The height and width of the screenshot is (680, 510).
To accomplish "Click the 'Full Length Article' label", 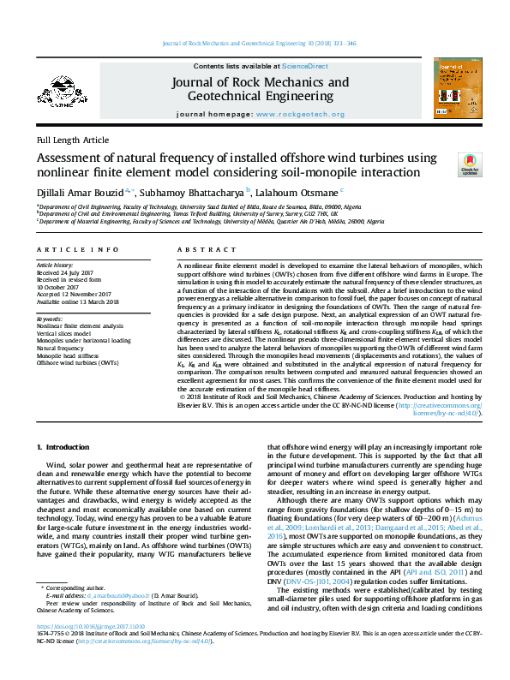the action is point(73,140).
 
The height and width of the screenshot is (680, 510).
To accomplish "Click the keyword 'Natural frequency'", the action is point(61,349).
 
